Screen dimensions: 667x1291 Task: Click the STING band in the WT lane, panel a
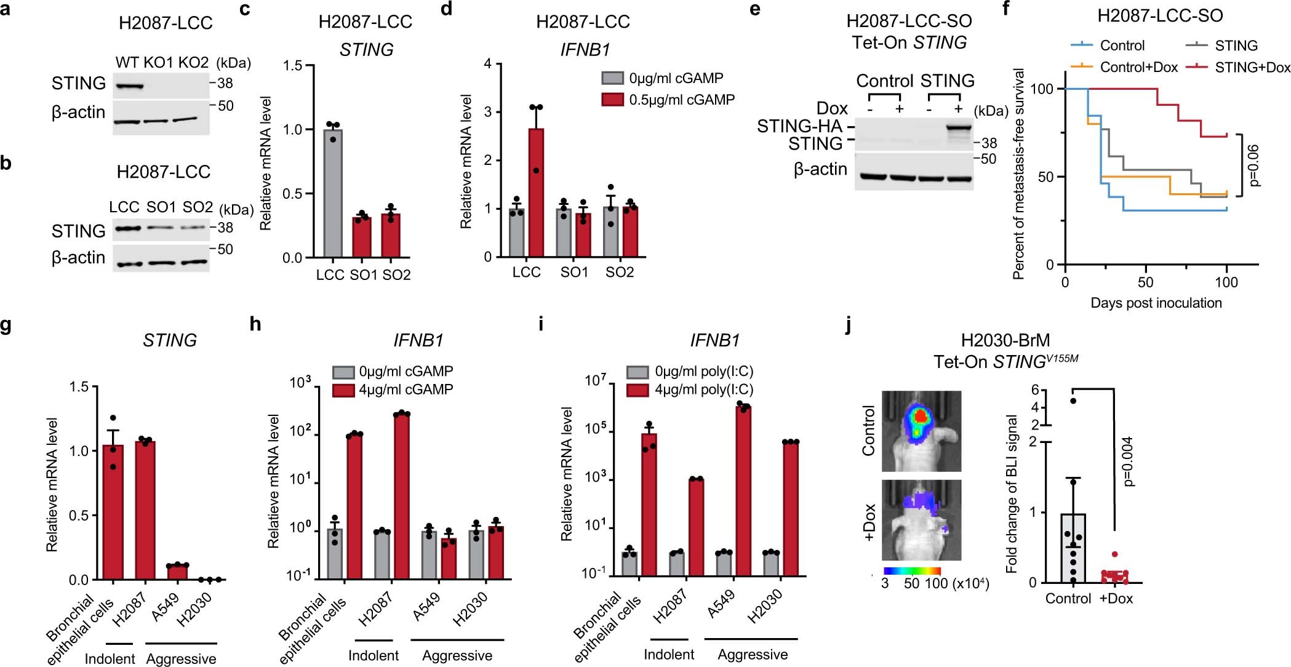pyautogui.click(x=128, y=87)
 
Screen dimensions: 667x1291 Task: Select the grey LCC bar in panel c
pyautogui.click(x=332, y=194)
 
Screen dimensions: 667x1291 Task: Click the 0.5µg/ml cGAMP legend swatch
pyautogui.click(x=612, y=99)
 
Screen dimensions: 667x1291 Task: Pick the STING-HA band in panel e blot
pyautogui.click(x=958, y=128)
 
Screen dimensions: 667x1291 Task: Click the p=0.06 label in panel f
pyautogui.click(x=1254, y=166)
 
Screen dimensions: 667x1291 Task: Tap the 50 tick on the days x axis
pyautogui.click(x=1145, y=282)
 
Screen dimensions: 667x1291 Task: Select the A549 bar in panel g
pyautogui.click(x=178, y=572)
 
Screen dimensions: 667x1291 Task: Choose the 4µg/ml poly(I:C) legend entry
pyautogui.click(x=690, y=389)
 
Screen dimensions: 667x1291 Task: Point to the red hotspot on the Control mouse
pyautogui.click(x=921, y=417)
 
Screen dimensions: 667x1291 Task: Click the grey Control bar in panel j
pyautogui.click(x=1073, y=548)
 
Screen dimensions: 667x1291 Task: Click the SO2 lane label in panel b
pyautogui.click(x=197, y=207)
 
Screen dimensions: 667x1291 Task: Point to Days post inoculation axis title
pyautogui.click(x=1156, y=303)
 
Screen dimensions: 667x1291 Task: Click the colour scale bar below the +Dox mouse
pyautogui.click(x=912, y=571)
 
